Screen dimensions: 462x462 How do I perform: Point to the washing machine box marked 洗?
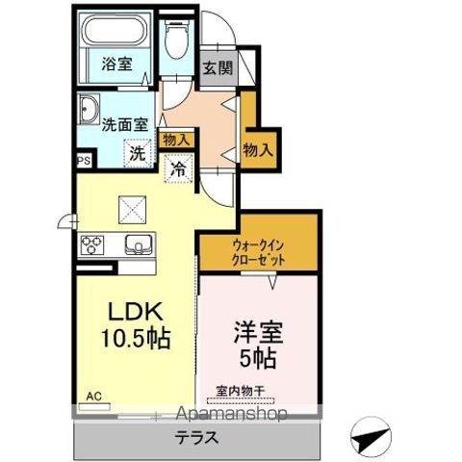point(139,150)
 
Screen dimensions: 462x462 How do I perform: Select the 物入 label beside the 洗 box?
point(176,140)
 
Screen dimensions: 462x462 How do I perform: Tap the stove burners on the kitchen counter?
point(93,244)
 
